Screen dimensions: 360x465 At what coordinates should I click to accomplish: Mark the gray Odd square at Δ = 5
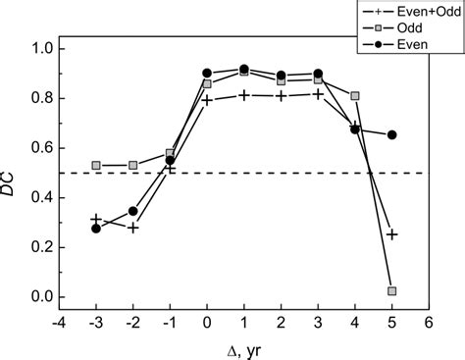click(x=391, y=291)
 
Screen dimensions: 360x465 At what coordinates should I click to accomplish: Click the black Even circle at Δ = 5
click(x=391, y=134)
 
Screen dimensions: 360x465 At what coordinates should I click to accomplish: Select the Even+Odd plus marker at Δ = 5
click(x=391, y=234)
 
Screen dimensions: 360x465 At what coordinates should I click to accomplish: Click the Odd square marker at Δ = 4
click(x=355, y=96)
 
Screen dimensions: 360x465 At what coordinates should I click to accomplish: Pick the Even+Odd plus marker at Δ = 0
click(x=207, y=99)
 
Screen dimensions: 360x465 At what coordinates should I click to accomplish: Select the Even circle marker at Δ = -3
click(x=96, y=229)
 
